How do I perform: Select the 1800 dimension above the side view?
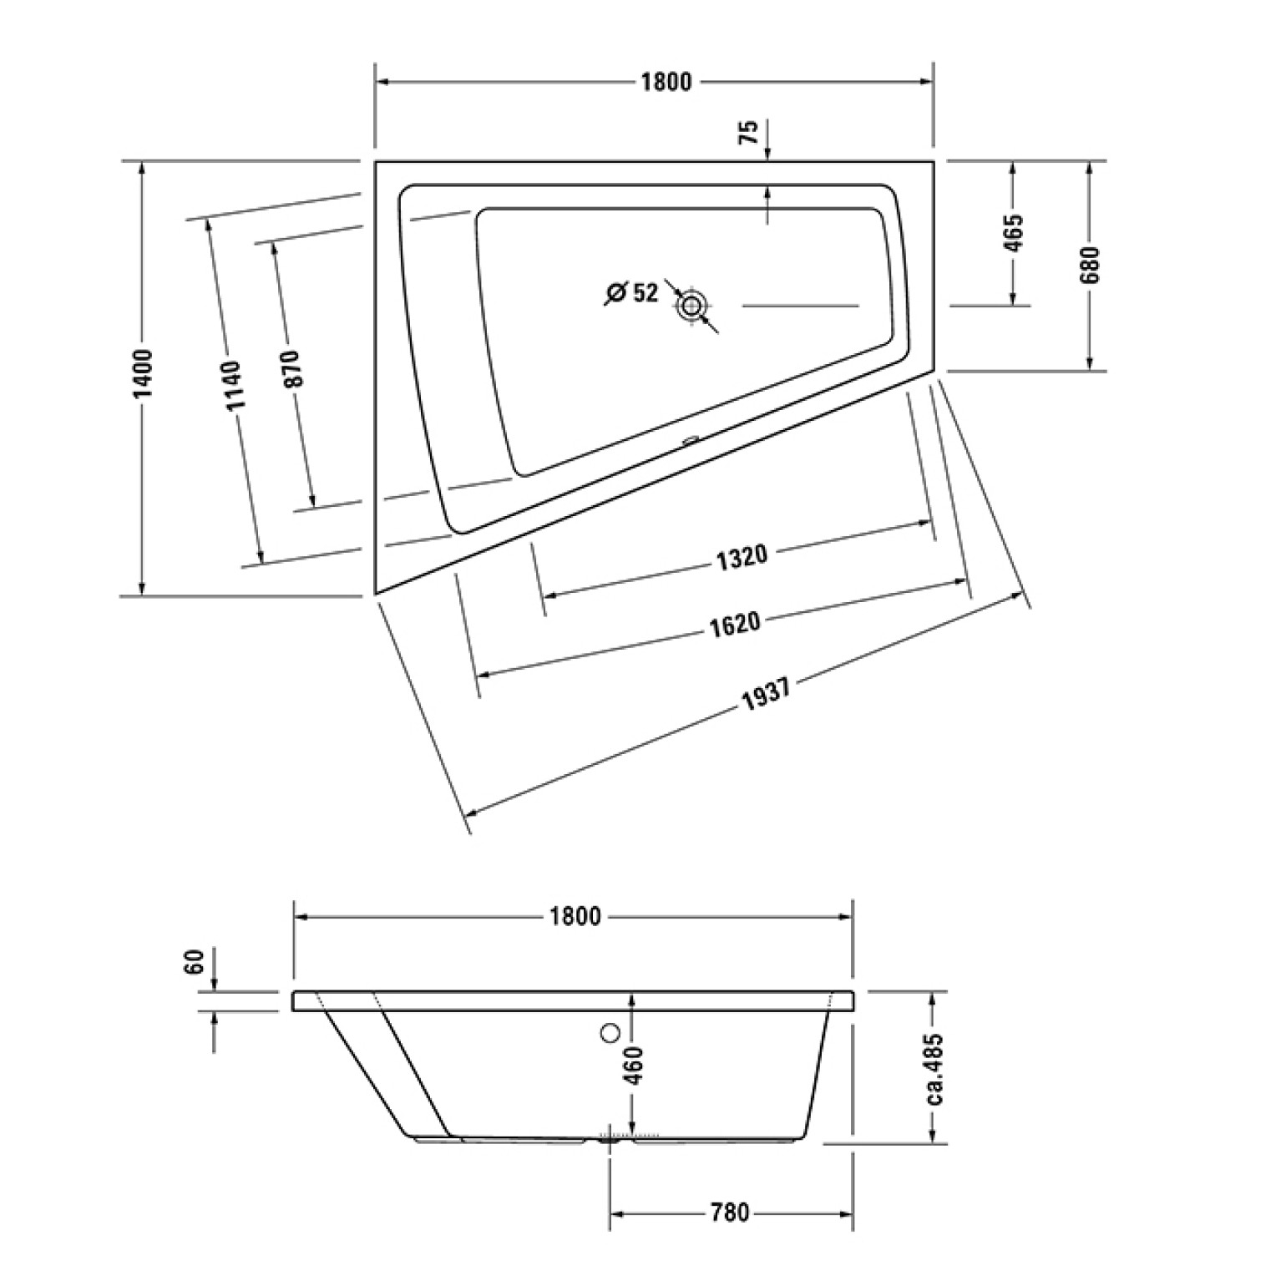(575, 916)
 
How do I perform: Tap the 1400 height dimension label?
(143, 373)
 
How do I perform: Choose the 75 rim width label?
(749, 132)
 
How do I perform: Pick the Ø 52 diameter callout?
(632, 293)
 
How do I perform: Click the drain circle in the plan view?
(691, 306)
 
